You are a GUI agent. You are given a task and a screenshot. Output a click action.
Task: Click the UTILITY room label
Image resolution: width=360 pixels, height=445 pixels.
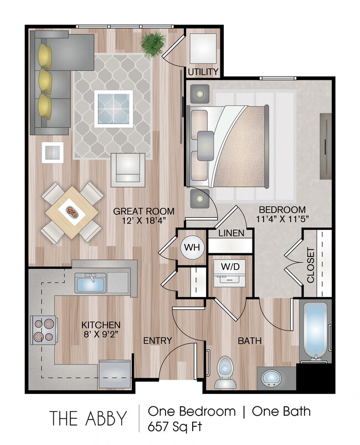(203, 72)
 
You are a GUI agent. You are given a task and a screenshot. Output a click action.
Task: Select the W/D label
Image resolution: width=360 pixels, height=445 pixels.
(230, 265)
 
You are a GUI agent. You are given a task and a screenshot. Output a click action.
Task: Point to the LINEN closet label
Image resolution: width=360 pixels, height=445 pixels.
(232, 233)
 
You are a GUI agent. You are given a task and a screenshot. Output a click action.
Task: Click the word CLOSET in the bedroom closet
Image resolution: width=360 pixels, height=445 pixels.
(310, 265)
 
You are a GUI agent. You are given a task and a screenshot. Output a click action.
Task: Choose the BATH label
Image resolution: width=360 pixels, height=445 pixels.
(249, 340)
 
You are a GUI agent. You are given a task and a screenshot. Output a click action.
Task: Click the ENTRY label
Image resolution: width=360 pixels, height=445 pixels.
(157, 340)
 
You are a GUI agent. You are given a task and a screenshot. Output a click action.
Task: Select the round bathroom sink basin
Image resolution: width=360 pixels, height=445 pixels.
(271, 380)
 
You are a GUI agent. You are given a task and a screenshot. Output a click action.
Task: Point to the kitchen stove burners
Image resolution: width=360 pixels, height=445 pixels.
(43, 330)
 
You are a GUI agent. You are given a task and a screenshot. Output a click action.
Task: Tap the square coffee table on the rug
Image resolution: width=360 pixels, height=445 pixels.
(114, 109)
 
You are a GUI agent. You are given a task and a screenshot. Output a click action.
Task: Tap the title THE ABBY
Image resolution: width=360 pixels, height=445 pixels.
(89, 419)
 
